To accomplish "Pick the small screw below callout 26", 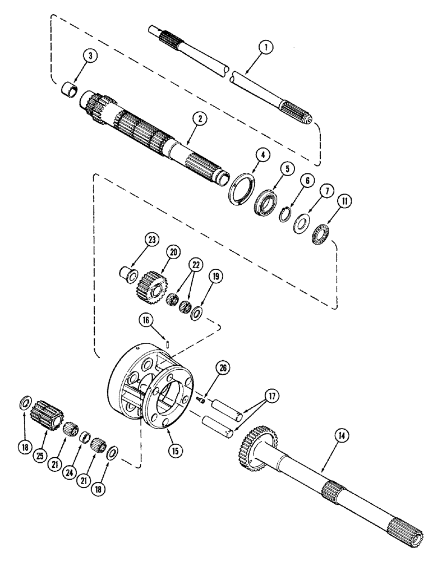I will pos(200,398).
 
